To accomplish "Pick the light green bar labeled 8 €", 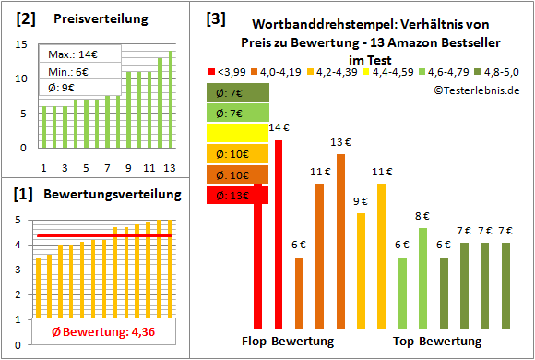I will [422, 277].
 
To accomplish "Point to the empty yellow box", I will [237, 133].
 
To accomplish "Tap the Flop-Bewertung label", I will [288, 342].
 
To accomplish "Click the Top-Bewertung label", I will [436, 342].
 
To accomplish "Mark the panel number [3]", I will [216, 17].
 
